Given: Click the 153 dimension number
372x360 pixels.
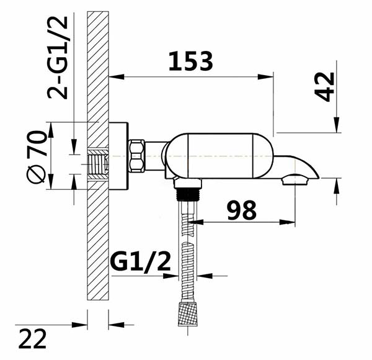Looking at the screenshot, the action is [191, 61].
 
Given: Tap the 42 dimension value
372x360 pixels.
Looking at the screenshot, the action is [324, 87].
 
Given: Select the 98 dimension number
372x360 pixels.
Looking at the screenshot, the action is [242, 210].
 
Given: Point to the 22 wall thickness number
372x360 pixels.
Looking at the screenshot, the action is [32, 339].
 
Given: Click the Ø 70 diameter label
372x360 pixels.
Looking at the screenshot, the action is [36, 157].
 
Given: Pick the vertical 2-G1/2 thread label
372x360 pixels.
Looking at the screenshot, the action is [58, 58].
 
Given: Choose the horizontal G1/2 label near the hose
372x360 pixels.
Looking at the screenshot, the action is [141, 262].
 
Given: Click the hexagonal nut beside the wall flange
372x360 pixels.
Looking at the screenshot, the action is [136, 156].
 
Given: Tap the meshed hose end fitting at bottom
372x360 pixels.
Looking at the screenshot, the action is [187, 313].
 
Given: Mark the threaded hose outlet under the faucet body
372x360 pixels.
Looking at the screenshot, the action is [188, 194].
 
